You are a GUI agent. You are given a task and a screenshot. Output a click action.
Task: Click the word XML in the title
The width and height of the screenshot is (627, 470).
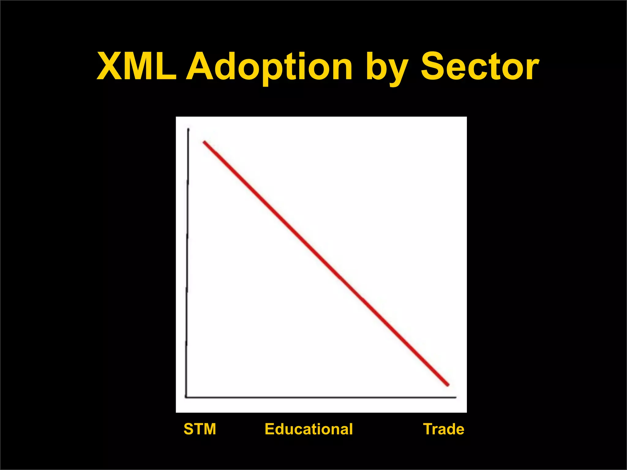pos(137,66)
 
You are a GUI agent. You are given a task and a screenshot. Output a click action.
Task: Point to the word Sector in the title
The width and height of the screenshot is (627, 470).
pos(479,66)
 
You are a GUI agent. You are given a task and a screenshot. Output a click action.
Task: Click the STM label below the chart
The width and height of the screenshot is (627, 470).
pos(200,429)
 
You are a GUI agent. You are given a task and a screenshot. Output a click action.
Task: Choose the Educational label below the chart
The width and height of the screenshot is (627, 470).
pos(309,429)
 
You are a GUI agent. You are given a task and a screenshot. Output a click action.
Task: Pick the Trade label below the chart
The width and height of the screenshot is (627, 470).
pos(443,429)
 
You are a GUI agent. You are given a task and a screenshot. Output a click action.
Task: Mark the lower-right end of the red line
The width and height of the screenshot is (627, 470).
pos(448,385)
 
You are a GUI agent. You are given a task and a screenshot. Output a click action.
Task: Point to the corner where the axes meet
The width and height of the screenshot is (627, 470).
pos(186,397)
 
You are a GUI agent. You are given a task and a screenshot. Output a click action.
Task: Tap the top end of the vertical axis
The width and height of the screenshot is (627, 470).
pos(188,129)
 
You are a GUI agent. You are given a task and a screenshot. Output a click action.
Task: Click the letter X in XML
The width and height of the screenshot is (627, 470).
pos(110,66)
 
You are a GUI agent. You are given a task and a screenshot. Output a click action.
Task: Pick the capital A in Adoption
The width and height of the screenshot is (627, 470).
pos(200,66)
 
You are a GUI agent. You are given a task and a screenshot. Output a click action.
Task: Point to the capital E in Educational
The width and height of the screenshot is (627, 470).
pos(270,429)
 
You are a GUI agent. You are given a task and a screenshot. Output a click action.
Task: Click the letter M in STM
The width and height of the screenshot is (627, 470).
pos(209,429)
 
